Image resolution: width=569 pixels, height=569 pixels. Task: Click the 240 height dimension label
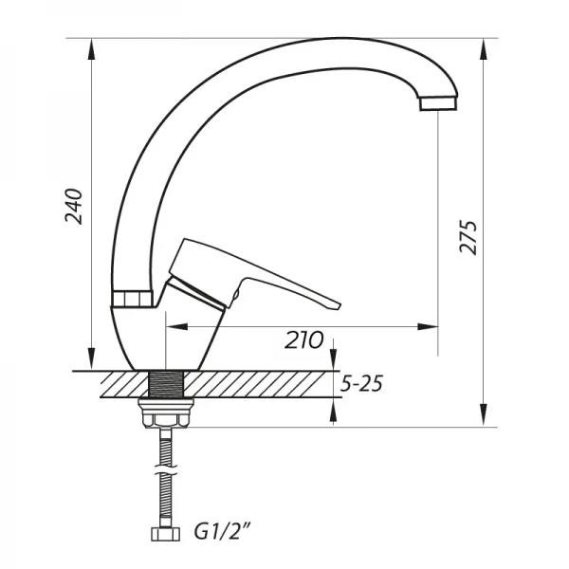point(76,206)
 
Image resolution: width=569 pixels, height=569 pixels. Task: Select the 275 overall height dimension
point(468,238)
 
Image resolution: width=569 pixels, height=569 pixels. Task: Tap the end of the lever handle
point(327,303)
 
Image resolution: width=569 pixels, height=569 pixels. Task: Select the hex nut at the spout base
point(132,299)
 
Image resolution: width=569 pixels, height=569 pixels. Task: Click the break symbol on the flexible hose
point(166,471)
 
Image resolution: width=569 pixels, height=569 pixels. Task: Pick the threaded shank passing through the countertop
point(166,384)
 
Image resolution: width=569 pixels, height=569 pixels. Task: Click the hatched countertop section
point(256,384)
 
